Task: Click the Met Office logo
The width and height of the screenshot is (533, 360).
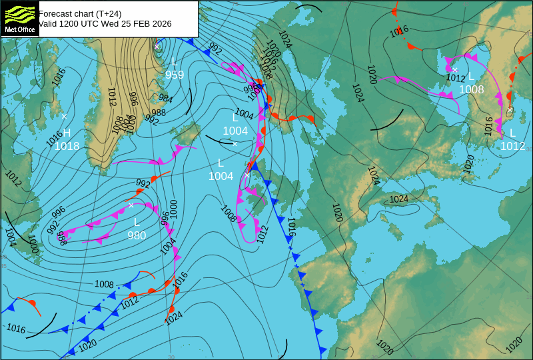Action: coord(19,19)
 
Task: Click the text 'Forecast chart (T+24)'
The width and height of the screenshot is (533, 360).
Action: coord(80,13)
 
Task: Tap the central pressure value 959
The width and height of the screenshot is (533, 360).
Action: coord(175,75)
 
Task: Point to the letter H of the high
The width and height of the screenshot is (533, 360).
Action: coord(67,133)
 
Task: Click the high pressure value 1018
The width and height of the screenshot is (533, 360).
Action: coord(67,147)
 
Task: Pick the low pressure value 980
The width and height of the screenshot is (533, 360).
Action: coord(137,235)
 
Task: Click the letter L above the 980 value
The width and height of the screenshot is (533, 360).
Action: coord(137,222)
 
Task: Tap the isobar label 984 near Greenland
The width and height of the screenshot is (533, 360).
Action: coord(165,99)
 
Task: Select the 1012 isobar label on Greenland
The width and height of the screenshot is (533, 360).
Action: coord(111,97)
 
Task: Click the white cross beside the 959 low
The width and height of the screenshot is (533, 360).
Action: coord(157,46)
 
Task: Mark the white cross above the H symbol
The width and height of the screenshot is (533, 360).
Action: coord(64,116)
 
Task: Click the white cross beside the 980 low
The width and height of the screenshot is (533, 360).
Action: coord(131,205)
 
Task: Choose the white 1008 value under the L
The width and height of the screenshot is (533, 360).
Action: coord(472,89)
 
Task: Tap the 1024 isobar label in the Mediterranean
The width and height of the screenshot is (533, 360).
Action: coord(398,199)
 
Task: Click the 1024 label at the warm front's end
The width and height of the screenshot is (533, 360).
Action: coord(173,319)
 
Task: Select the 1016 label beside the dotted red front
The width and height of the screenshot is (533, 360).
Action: coord(399,30)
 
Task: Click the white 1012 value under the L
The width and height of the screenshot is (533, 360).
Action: coord(513,146)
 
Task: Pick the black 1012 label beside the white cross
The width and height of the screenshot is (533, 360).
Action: coord(456,78)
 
